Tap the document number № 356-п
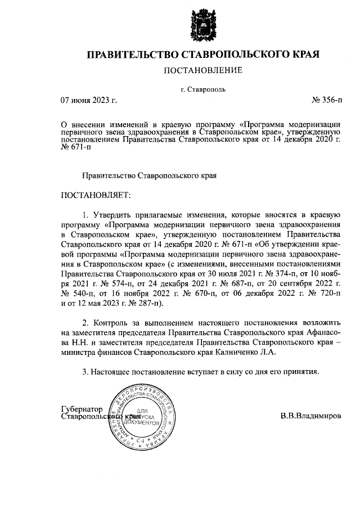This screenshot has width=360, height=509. coord(326,101)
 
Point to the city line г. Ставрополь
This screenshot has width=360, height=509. coord(202,89)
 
